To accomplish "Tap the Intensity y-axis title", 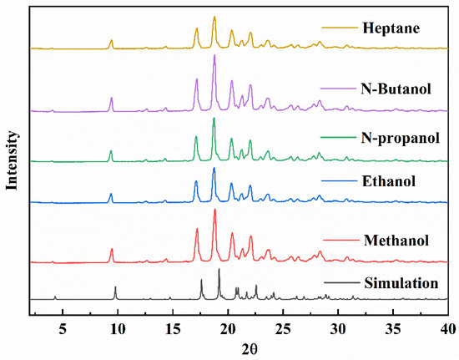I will click(13, 160).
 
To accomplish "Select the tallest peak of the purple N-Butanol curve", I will click(214, 56).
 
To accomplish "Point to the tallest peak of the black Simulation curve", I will click(219, 270).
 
